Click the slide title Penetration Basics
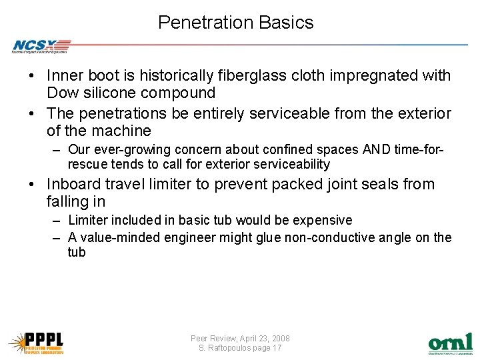click(235, 23)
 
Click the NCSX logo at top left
click(41, 46)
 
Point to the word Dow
click(63, 93)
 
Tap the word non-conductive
click(313, 237)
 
